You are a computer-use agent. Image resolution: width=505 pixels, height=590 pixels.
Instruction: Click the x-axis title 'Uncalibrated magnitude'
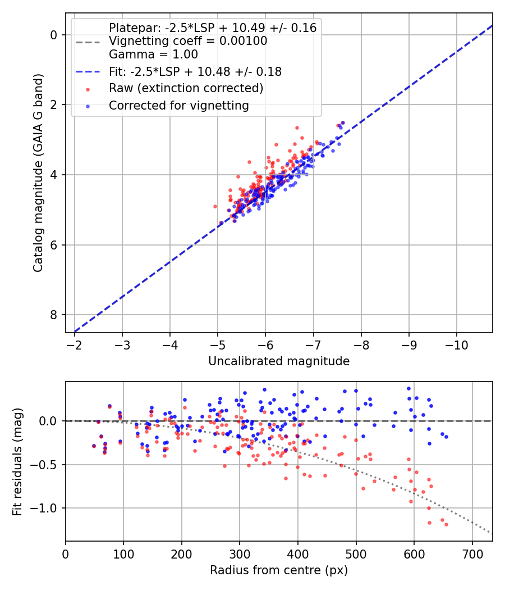point(279,361)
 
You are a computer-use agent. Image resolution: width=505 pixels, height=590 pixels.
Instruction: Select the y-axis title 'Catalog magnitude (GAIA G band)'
point(38,173)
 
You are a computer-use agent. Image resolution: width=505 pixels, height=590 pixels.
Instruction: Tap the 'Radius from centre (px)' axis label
point(279,570)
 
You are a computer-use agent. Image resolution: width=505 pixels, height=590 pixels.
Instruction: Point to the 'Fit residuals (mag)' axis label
point(17,462)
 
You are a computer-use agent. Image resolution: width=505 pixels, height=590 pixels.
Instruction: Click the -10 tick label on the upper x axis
point(457,345)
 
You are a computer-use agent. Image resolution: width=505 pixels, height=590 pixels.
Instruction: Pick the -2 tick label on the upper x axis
point(74,345)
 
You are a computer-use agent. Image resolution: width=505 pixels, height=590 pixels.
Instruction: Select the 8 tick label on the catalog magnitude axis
point(53,315)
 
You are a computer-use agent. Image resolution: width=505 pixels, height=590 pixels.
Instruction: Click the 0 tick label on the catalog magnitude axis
point(53,35)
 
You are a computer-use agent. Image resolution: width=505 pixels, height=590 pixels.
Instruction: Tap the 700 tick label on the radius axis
point(472,554)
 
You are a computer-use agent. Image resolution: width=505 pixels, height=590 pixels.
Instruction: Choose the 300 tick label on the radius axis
point(240,554)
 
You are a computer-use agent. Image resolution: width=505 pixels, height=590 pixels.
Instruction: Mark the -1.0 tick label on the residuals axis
point(44,509)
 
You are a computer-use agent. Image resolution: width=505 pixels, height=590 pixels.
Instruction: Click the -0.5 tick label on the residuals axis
point(44,465)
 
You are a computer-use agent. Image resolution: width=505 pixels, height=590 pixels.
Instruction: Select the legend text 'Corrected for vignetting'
point(179,106)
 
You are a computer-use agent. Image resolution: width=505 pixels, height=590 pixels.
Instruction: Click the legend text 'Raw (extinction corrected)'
point(186,88)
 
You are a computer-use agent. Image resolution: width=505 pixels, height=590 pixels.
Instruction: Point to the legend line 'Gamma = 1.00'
point(153,55)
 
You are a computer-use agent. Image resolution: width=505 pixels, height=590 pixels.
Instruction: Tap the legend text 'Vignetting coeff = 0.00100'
point(188,41)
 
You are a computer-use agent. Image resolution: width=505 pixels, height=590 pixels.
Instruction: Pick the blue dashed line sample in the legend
point(88,71)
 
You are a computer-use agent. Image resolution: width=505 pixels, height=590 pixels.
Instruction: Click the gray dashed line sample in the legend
point(88,42)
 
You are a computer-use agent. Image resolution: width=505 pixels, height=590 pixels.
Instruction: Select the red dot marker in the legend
point(88,89)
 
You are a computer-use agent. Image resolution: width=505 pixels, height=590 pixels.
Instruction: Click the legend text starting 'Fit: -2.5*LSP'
point(195,71)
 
